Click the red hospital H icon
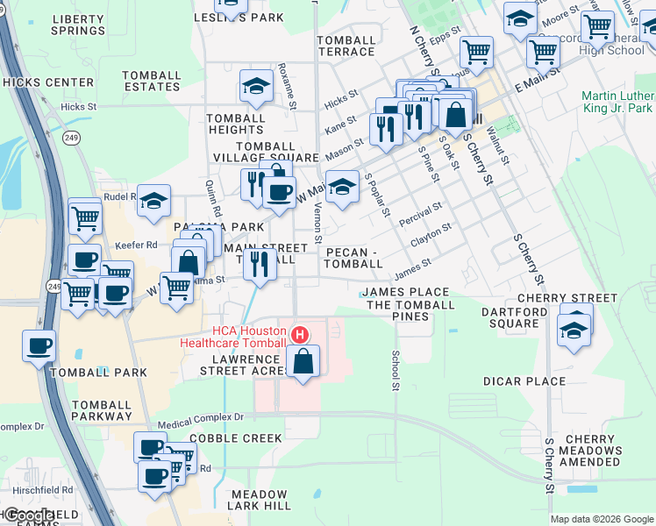point(300,335)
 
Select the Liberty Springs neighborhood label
point(78,25)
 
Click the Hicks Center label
point(47,82)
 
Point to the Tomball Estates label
point(151,81)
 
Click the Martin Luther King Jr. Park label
point(617,102)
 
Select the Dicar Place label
point(524,381)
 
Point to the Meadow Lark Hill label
point(260,500)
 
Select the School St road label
point(396,370)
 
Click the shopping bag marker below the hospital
point(303,360)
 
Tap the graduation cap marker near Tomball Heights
point(255,86)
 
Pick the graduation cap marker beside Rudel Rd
point(153,201)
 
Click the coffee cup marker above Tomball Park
point(39,345)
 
